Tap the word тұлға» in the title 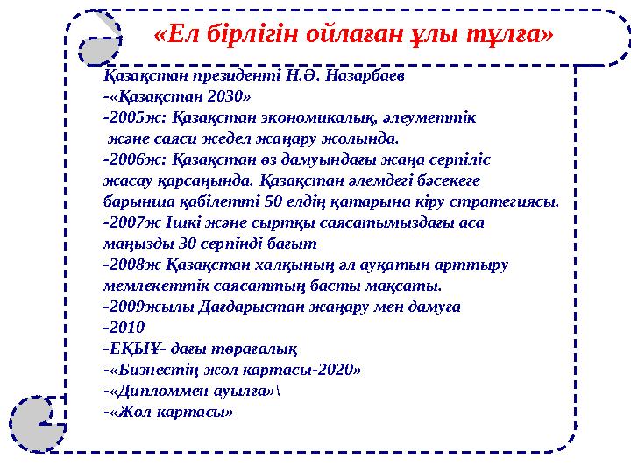pos(516,35)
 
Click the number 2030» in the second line pos(226,95)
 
